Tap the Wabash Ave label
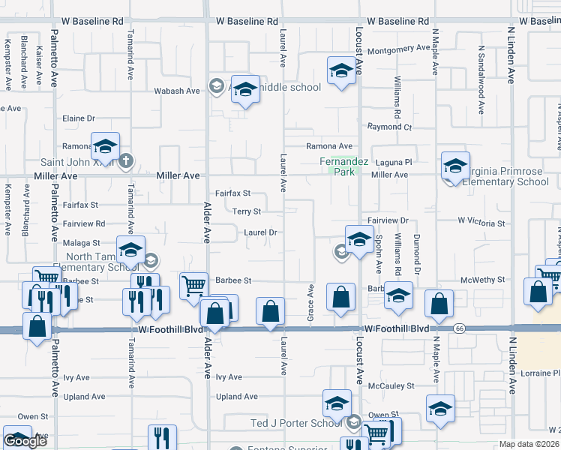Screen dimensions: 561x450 (x=177, y=91)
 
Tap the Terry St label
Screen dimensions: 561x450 (x=246, y=211)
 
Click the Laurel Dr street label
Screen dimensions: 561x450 (x=261, y=232)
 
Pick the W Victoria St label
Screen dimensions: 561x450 (x=481, y=223)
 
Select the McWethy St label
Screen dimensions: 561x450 (x=484, y=280)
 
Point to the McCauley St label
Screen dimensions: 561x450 (x=391, y=386)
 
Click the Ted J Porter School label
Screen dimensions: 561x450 (x=295, y=423)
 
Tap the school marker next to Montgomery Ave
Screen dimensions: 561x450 (x=341, y=71)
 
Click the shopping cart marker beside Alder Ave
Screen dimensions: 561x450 (x=193, y=285)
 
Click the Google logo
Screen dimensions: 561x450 (x=25, y=440)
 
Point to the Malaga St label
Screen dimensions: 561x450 (x=82, y=243)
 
